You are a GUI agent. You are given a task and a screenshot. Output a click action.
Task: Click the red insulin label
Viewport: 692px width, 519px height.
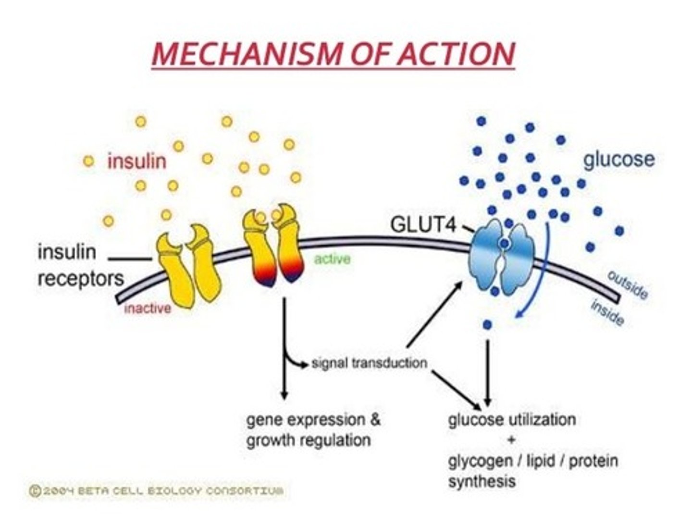point(137,161)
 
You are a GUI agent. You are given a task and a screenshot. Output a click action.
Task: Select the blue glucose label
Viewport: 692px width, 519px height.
point(618,159)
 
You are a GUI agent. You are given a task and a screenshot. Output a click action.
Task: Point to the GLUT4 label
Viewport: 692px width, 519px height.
point(422,224)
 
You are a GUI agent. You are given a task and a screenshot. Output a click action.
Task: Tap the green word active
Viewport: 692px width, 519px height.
point(332,259)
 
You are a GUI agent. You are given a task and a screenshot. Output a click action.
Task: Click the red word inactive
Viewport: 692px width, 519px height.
point(147,308)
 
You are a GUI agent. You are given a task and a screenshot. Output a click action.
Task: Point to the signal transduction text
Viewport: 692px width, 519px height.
point(369,362)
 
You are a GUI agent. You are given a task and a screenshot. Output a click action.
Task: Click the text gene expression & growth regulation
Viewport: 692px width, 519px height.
point(312,430)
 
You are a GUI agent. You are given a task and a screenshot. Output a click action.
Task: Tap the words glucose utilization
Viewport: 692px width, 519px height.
point(512,420)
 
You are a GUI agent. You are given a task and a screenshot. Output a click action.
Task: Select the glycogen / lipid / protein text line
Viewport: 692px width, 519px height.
point(532,461)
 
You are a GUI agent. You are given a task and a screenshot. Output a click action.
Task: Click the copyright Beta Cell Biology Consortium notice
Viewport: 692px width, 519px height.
point(157,491)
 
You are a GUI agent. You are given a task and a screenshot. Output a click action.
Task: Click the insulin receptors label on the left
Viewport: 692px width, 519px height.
point(80,265)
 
